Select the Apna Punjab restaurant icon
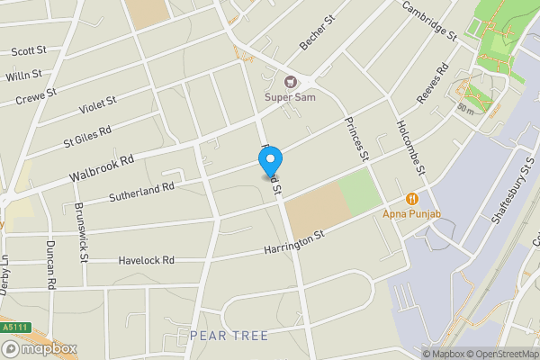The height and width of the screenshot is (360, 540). [411, 199]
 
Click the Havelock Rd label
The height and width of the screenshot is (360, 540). [147, 260]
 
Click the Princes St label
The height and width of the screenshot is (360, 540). [355, 138]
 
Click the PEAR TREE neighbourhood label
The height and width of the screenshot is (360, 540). [228, 336]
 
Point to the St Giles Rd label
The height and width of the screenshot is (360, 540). [86, 137]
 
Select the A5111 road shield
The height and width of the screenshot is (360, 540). [12, 326]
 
